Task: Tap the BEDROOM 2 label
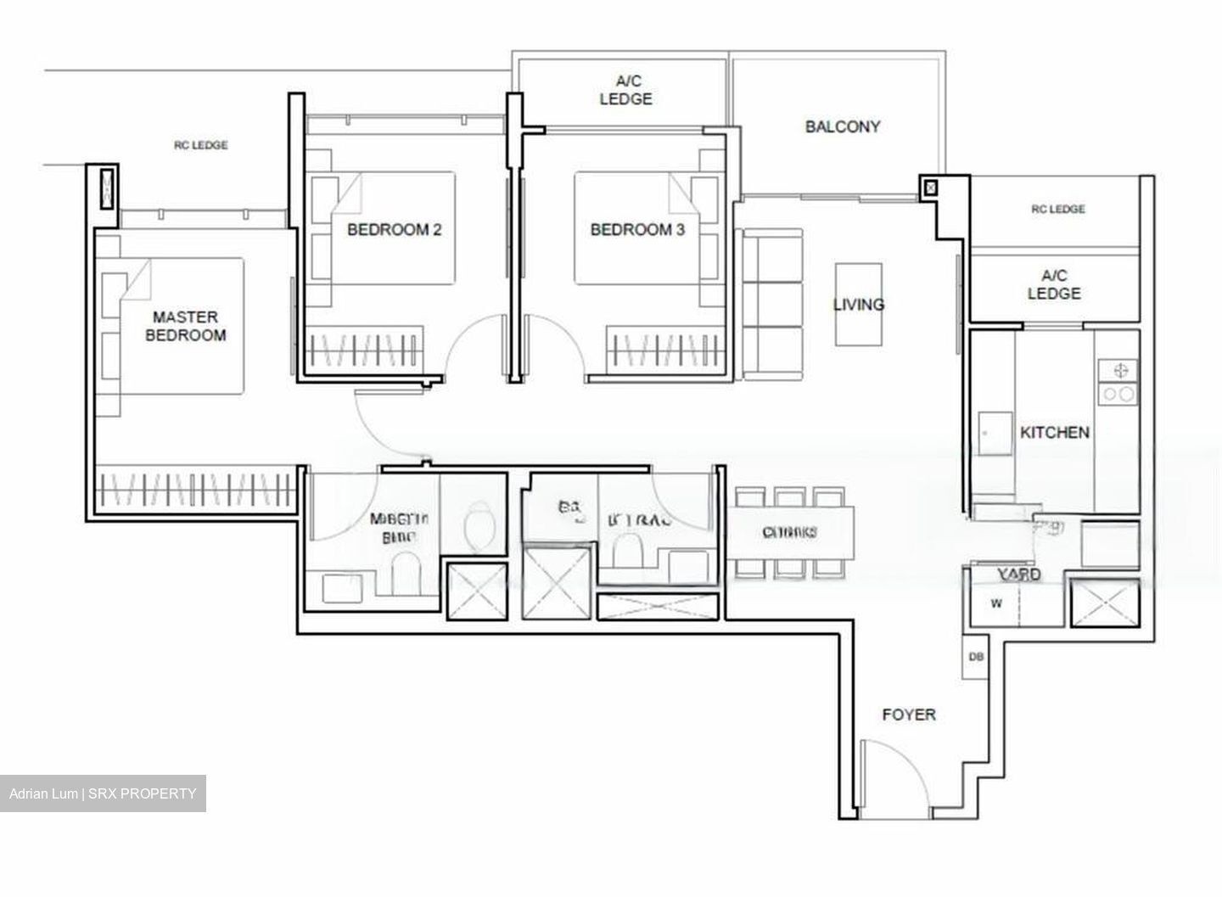pyautogui.click(x=394, y=229)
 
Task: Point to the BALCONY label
pyautogui.click(x=842, y=126)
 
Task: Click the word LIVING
pyautogui.click(x=858, y=304)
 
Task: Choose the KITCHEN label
pyautogui.click(x=1054, y=432)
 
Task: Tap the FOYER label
pyautogui.click(x=909, y=715)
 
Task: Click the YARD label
pyautogui.click(x=1018, y=575)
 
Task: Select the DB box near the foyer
pyautogui.click(x=975, y=656)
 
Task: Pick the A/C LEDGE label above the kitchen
pyautogui.click(x=1054, y=284)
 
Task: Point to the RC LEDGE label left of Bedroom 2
pyautogui.click(x=201, y=145)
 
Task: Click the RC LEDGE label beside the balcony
pyautogui.click(x=1057, y=209)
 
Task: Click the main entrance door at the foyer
pyautogui.click(x=895, y=776)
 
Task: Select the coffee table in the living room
pyautogui.click(x=858, y=304)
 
